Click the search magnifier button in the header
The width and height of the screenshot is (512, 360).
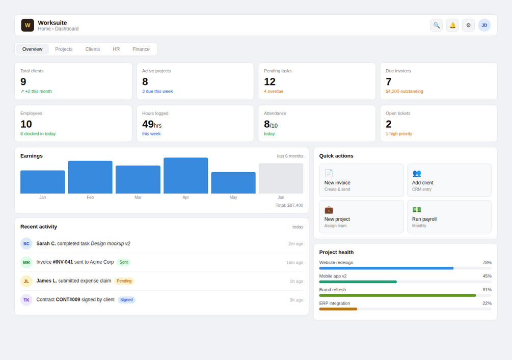(x=436, y=25)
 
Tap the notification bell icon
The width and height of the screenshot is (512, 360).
(x=452, y=25)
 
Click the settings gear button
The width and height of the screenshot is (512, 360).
(x=468, y=25)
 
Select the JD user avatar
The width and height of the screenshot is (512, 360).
(x=484, y=25)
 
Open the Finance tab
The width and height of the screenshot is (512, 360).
(x=141, y=49)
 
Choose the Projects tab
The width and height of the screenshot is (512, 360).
(x=64, y=49)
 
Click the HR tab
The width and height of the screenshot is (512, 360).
(x=116, y=49)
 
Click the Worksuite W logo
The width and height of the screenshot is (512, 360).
(x=28, y=25)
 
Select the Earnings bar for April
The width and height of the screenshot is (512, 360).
(x=186, y=176)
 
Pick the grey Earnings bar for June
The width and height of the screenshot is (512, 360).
(x=281, y=179)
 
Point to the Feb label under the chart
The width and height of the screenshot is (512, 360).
(x=90, y=198)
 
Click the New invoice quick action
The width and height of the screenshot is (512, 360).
(x=362, y=180)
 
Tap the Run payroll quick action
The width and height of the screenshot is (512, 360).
(x=449, y=217)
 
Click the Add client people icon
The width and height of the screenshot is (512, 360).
(x=417, y=173)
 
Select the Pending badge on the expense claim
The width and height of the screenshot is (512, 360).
(x=124, y=281)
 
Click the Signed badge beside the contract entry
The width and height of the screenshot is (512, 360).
(x=126, y=300)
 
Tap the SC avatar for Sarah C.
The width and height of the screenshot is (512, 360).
(x=26, y=243)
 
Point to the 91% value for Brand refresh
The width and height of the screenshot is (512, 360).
(x=487, y=290)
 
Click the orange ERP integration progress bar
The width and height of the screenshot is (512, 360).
(x=338, y=309)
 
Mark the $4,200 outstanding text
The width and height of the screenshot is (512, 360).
(x=404, y=91)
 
